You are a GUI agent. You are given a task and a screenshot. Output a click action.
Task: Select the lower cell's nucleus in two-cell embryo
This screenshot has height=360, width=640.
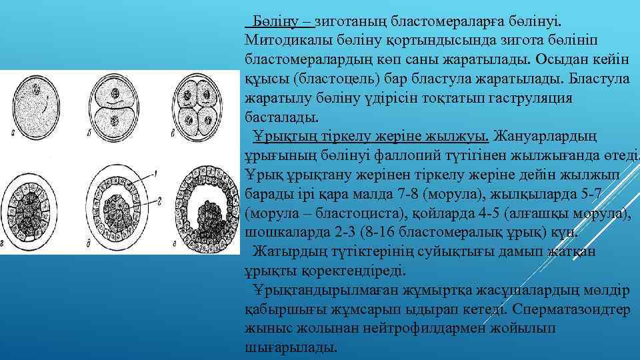click(116, 121)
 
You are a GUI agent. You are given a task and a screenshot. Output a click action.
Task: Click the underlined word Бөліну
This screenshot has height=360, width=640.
click(271, 21)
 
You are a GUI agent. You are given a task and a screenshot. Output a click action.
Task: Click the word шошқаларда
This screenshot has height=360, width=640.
click(284, 233)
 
